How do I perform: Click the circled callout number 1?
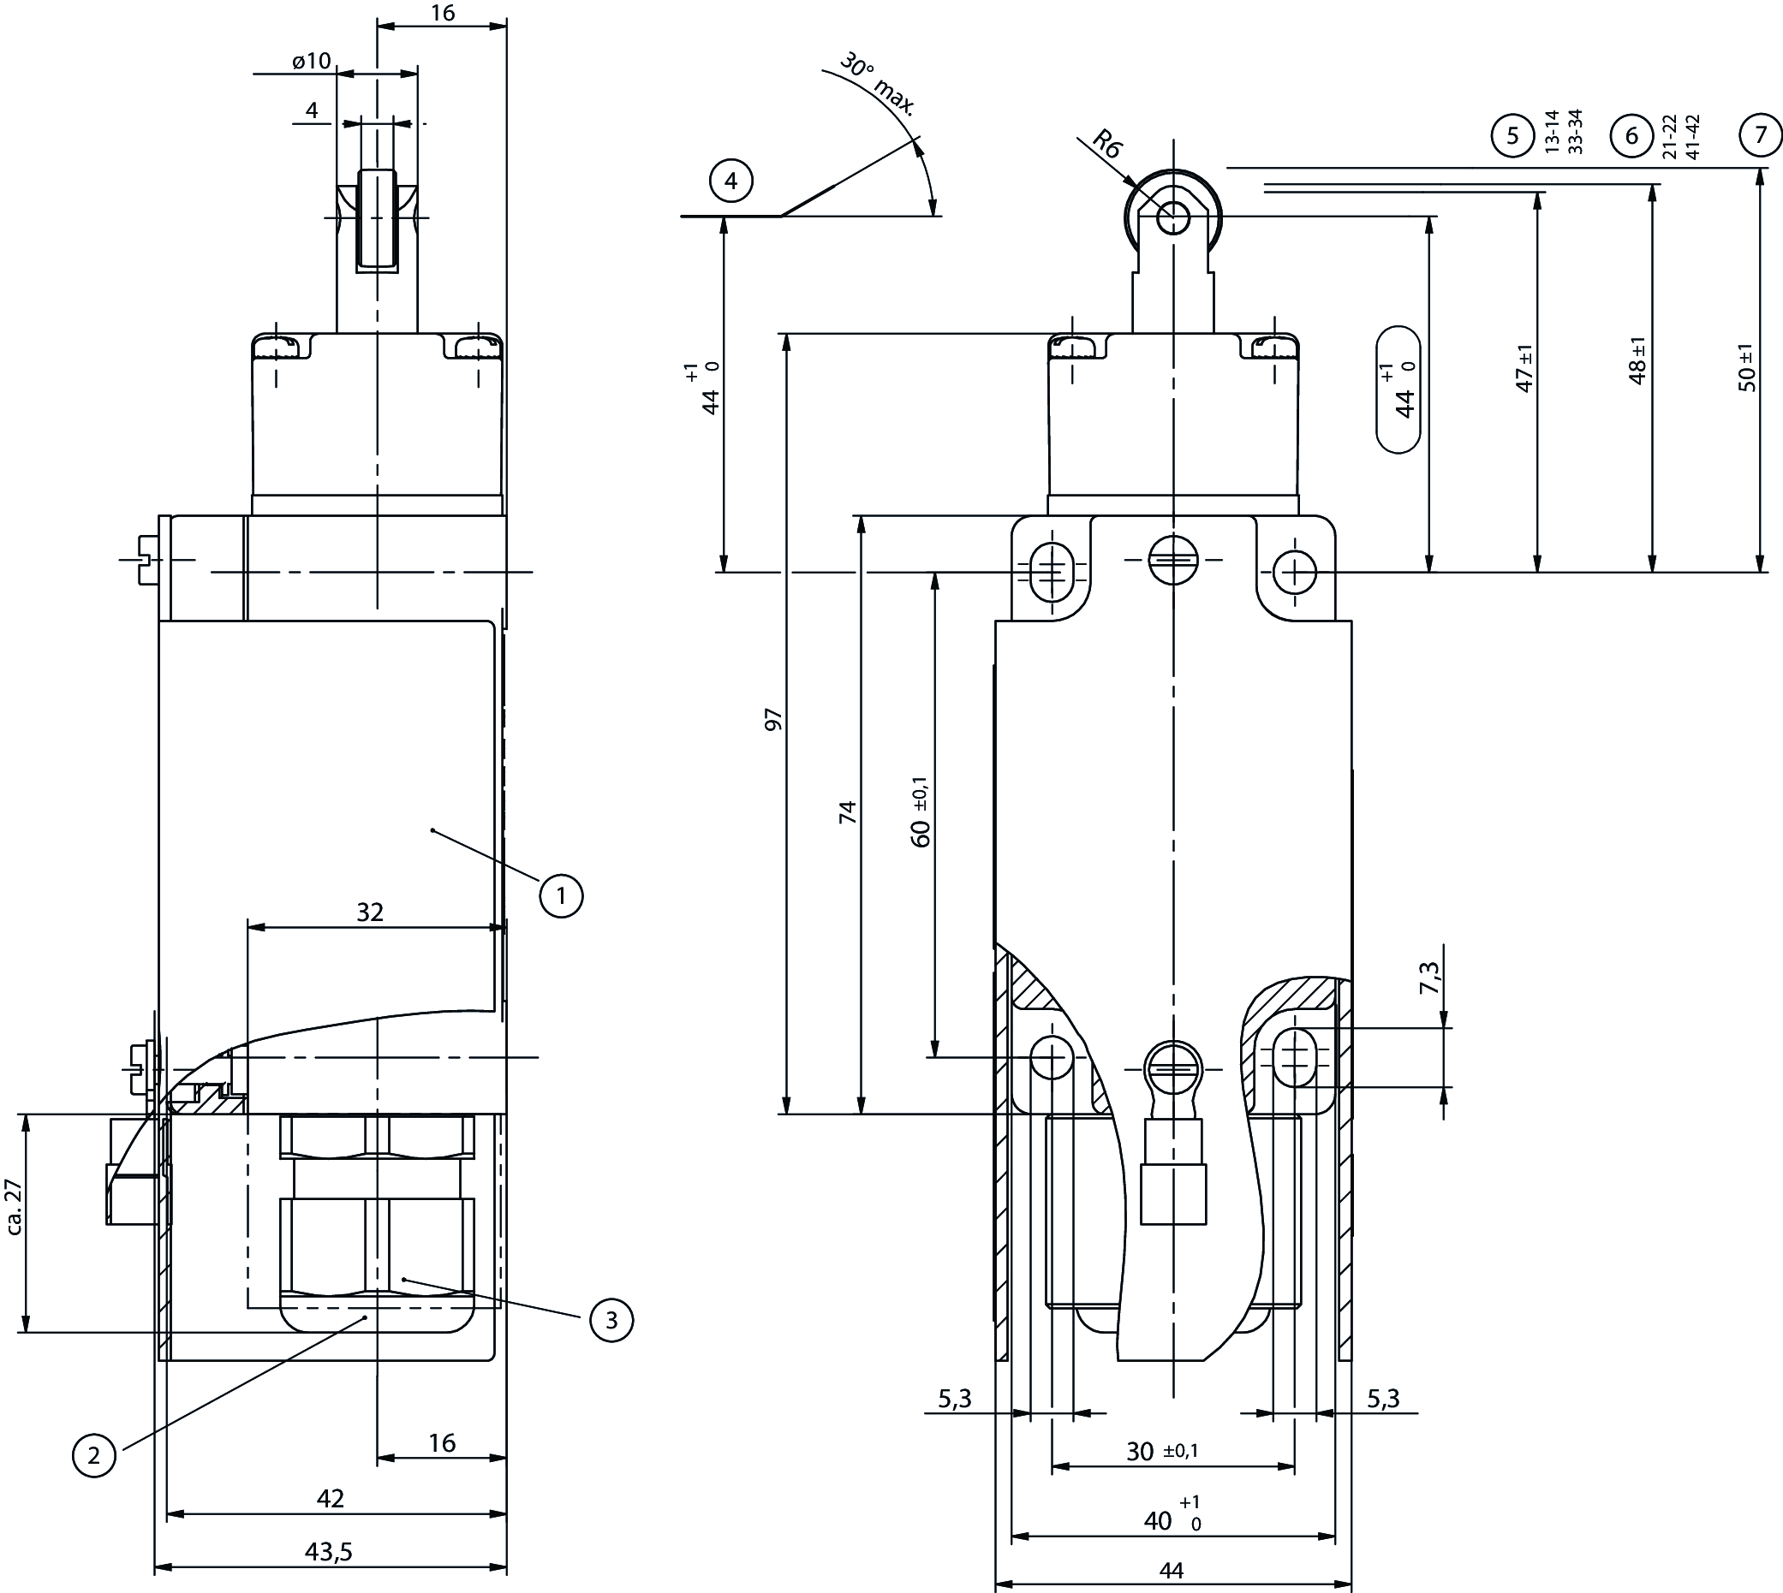560,895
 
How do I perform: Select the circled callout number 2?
93,1455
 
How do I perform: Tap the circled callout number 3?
611,1319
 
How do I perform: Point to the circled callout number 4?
731,181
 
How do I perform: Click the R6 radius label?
1107,145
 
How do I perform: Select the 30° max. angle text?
877,85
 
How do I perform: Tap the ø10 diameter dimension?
311,61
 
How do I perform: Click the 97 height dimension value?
774,720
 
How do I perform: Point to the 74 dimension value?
847,811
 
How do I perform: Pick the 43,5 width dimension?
328,1552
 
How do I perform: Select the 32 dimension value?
370,912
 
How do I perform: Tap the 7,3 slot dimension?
1429,977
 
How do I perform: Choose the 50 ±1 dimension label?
1747,367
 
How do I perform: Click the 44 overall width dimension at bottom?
1171,1571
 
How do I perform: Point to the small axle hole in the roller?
1172,218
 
